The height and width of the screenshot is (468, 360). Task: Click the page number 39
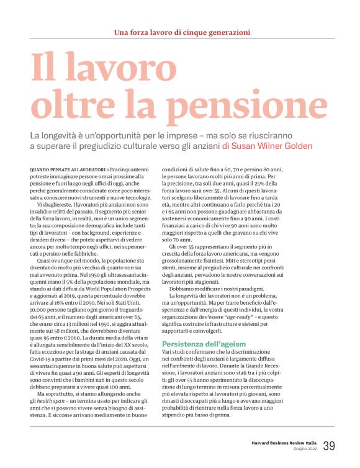pos(328,445)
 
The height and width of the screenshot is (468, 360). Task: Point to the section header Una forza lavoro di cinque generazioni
pos(179,32)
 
